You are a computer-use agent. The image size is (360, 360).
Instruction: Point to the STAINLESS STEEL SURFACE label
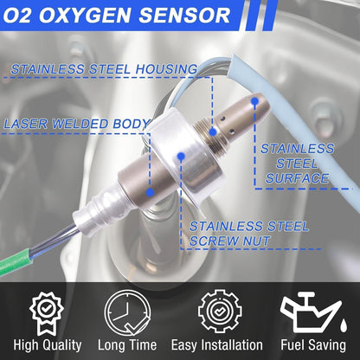pos(296,164)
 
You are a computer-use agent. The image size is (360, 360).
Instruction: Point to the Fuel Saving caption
pos(314,344)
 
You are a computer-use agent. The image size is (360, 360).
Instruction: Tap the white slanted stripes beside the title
pos(254,16)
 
